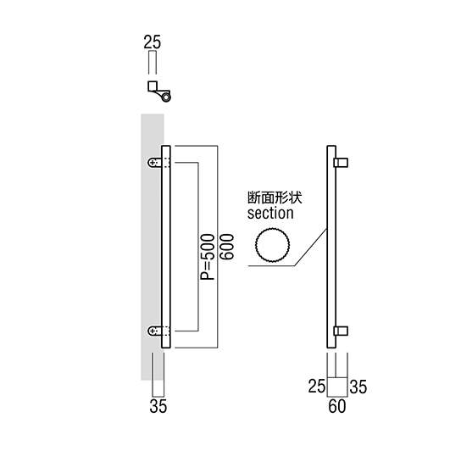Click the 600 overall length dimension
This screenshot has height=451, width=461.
pos(226,247)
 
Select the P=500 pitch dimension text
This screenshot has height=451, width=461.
pos(208,257)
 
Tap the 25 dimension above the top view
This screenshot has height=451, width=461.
pos(153,42)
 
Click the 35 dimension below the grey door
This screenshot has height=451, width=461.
pos(158,406)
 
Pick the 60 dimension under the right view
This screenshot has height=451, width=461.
pos(337,406)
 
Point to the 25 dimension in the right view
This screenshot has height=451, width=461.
pos(317,387)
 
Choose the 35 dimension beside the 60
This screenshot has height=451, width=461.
pos(358,387)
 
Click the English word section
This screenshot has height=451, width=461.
pos(270,214)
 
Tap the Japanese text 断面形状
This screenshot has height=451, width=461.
pos(275,198)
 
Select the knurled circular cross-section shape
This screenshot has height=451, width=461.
pos(273,245)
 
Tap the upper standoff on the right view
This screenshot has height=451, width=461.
pos(341,163)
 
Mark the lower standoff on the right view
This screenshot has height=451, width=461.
pos(341,331)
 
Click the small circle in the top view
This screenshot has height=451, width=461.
pos(166,97)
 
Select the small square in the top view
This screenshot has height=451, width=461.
pos(153,86)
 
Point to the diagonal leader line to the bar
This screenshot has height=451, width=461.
pos(311,248)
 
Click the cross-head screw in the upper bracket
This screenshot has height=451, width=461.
pos(153,163)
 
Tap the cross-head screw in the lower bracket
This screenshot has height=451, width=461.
pos(153,331)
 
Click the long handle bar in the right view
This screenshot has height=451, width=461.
pos(331,247)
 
